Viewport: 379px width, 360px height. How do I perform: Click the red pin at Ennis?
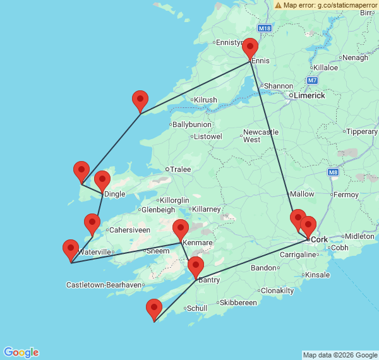[250, 48]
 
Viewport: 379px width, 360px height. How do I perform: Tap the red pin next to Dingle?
[102, 181]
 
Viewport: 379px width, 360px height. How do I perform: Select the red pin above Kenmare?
[181, 229]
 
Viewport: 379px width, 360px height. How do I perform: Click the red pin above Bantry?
[196, 267]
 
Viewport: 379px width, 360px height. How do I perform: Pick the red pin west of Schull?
[154, 309]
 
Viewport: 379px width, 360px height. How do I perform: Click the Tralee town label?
[180, 169]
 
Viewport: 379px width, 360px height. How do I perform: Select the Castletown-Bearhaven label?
[104, 285]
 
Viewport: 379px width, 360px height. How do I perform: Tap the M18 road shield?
[265, 29]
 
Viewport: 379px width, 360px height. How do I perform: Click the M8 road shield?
[334, 172]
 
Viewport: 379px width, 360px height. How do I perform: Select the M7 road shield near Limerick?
[313, 80]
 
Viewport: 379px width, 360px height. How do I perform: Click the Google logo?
[20, 352]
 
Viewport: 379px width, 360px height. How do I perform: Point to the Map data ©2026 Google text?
[339, 355]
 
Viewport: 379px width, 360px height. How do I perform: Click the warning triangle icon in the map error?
[278, 5]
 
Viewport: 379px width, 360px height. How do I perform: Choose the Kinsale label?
[317, 275]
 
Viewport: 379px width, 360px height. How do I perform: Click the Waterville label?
[96, 252]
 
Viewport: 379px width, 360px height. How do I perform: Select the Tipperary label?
[362, 131]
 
